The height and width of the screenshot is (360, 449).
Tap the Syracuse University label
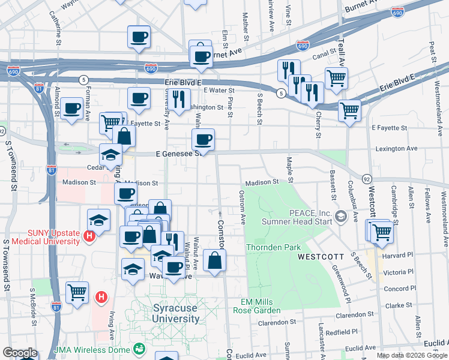pos(176,313)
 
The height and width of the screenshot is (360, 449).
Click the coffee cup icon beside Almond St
pos(72,109)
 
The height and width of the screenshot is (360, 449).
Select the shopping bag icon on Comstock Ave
pos(214,260)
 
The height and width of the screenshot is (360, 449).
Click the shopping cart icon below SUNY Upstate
pos(77,293)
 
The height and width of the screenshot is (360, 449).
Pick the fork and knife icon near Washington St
pos(179,99)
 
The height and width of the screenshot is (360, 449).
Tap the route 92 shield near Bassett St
pos(366,178)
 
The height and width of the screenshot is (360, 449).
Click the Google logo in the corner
pos(20,353)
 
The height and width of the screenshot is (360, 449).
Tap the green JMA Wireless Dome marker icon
pos(139,348)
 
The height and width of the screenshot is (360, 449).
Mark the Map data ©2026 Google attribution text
pos(411,355)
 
